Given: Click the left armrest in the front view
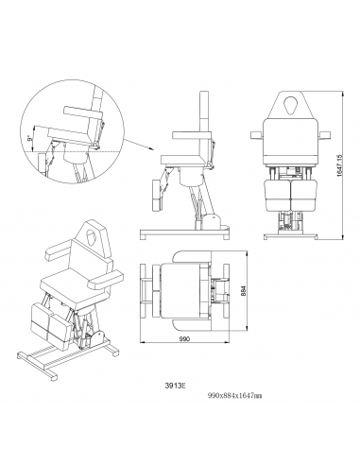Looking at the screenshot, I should pyautogui.click(x=256, y=137).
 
